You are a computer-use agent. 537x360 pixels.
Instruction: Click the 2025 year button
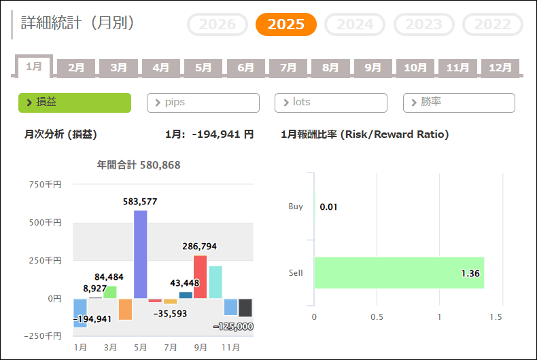click(x=285, y=24)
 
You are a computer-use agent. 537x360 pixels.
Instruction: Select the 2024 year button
click(x=354, y=24)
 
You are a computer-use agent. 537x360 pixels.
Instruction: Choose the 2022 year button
click(x=492, y=24)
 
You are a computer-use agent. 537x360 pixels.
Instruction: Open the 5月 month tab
click(x=203, y=68)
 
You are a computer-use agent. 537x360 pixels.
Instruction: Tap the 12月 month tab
click(x=500, y=68)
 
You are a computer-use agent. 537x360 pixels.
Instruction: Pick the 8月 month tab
click(x=330, y=68)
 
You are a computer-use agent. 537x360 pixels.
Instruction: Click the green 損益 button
click(x=74, y=103)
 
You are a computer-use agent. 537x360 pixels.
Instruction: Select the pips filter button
click(x=203, y=103)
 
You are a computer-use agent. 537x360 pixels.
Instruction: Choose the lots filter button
click(x=330, y=103)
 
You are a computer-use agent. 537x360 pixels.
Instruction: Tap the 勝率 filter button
click(x=459, y=103)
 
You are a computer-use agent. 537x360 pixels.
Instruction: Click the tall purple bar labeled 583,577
click(x=141, y=254)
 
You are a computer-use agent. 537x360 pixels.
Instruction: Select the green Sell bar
click(x=398, y=273)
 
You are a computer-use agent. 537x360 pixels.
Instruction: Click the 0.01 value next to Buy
click(x=329, y=206)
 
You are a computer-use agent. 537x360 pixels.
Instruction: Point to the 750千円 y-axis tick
click(x=46, y=184)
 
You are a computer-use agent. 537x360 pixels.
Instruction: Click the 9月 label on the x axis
click(x=201, y=347)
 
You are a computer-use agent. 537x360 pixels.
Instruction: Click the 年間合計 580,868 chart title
click(x=139, y=164)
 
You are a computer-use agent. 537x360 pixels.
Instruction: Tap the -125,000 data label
click(x=233, y=327)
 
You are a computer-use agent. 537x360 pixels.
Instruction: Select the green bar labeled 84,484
click(x=111, y=292)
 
